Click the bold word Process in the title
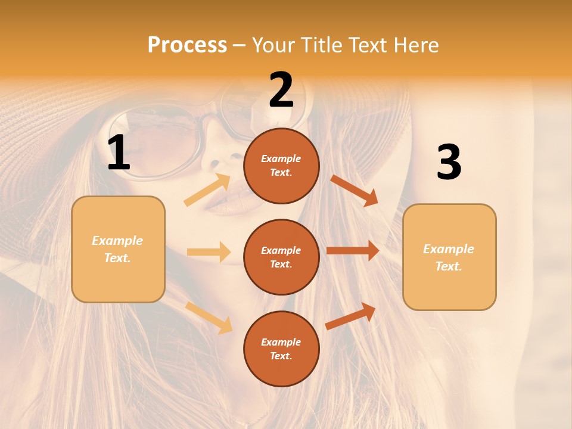(x=187, y=45)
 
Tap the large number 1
(x=119, y=153)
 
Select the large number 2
(x=281, y=90)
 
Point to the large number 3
(x=449, y=163)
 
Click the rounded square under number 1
(x=118, y=249)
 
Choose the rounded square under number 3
(x=449, y=257)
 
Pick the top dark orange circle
(x=281, y=166)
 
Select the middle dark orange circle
(x=281, y=257)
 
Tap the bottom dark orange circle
(x=281, y=349)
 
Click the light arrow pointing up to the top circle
(x=207, y=190)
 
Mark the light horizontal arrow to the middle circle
(x=209, y=252)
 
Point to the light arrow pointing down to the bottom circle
(x=209, y=317)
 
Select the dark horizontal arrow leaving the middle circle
(x=352, y=251)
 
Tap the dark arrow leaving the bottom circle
(x=351, y=316)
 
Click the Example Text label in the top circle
(x=281, y=166)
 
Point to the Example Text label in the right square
(x=449, y=257)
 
